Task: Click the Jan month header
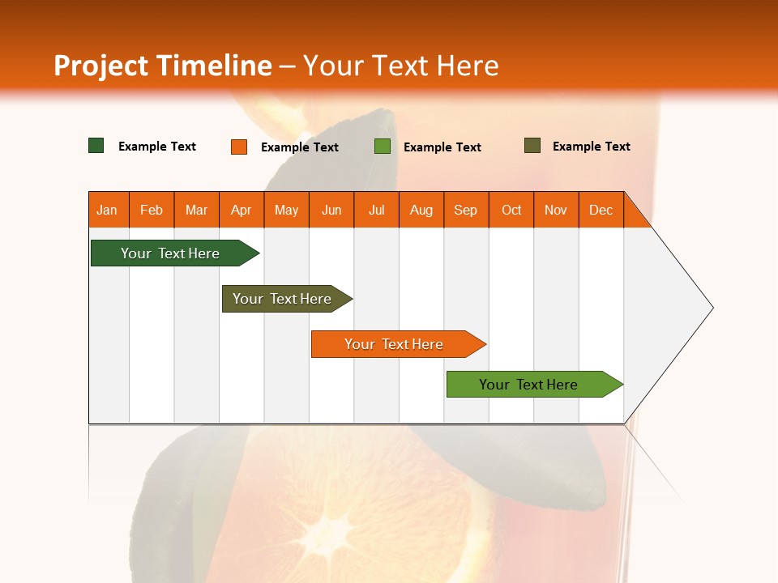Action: pos(107,210)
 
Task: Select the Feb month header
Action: pos(152,210)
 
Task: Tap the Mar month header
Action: pos(196,210)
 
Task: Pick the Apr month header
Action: pos(241,210)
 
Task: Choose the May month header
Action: pos(286,210)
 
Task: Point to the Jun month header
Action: pos(331,210)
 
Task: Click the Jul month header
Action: pos(376,210)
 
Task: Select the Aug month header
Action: pos(421,210)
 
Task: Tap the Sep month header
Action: pos(466,210)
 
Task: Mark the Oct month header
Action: pos(511,210)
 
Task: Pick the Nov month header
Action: pos(556,210)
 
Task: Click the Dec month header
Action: pos(601,210)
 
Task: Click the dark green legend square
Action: pos(96,146)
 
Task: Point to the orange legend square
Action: pos(239,147)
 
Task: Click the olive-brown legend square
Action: pos(532,146)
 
